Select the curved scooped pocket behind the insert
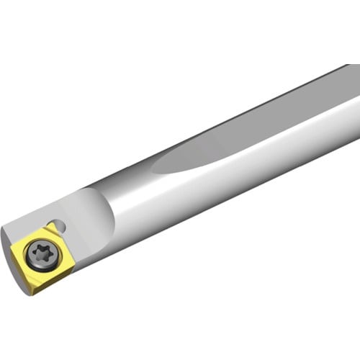90,212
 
